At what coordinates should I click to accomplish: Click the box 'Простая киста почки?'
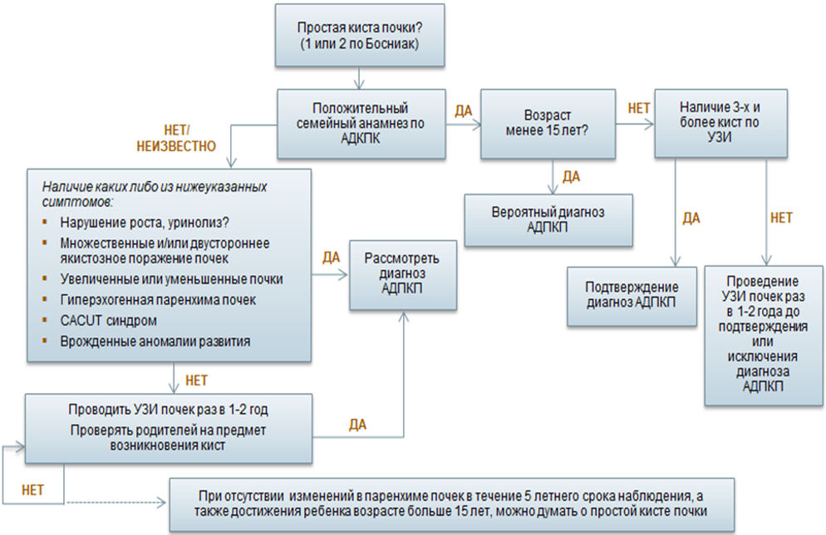tap(360, 35)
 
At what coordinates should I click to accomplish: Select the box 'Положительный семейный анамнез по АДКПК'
tap(361, 124)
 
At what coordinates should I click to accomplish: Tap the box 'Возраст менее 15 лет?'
tap(548, 124)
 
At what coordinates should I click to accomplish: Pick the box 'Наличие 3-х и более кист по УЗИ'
tap(720, 123)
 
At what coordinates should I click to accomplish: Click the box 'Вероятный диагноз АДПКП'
tap(548, 219)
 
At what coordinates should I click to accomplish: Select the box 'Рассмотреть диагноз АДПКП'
tap(403, 275)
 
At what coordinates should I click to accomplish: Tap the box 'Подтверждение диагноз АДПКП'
tap(632, 296)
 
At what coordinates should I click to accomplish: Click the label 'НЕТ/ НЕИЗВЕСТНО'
tap(176, 139)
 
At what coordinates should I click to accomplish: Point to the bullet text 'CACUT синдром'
tap(109, 320)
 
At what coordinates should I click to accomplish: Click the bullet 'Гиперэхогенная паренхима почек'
tap(158, 300)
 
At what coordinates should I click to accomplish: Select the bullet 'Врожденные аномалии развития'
tap(155, 341)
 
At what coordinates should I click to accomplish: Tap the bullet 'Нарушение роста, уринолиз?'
tap(145, 223)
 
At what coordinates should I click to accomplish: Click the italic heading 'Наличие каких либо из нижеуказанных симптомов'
tap(155, 194)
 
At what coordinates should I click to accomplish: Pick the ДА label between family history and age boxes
tap(464, 111)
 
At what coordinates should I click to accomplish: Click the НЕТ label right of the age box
tap(638, 109)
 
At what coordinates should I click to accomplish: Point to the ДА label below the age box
tap(571, 176)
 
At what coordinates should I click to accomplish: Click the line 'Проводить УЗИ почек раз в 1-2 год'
tap(168, 410)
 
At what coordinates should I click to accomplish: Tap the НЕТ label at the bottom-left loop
tap(32, 490)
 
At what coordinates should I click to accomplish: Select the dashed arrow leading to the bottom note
tap(115, 503)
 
